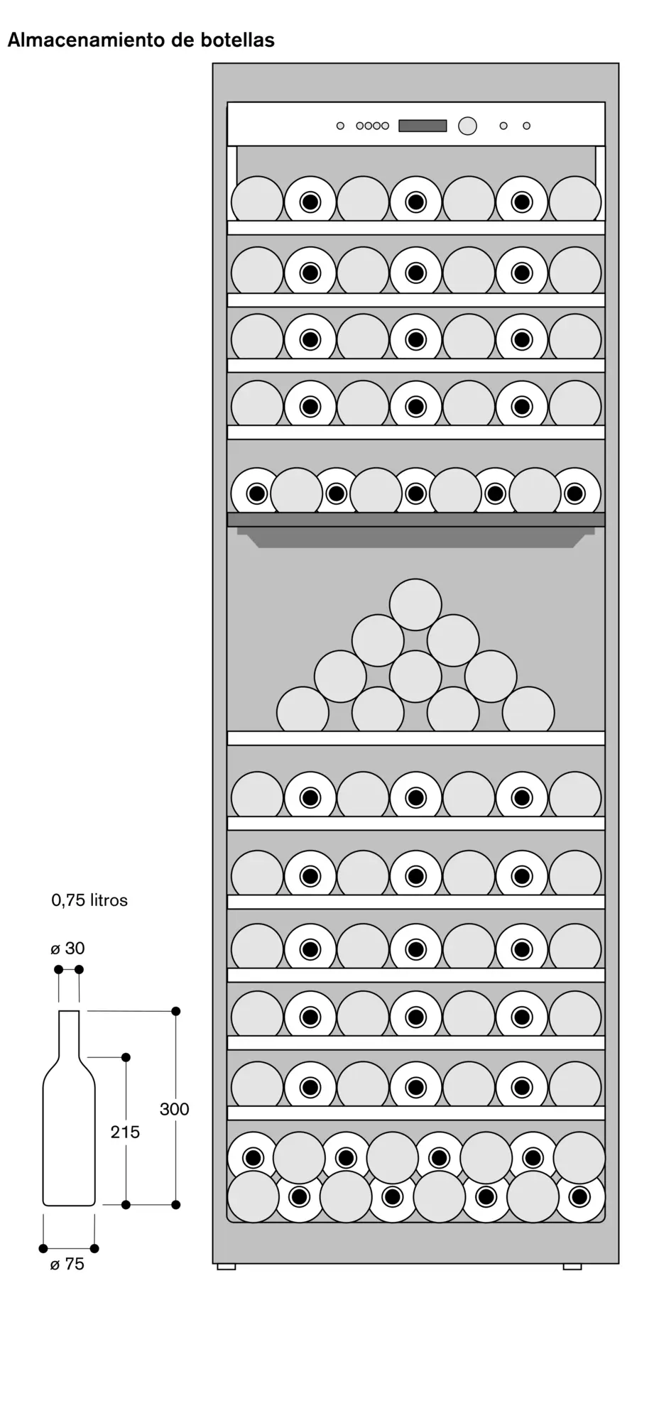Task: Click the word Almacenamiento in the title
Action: [x=87, y=40]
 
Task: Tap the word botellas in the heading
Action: [x=239, y=40]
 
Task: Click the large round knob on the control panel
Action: [x=467, y=126]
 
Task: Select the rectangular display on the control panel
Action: [x=423, y=126]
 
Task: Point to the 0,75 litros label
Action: [x=89, y=900]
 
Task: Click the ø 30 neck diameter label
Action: [x=68, y=949]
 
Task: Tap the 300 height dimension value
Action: [x=175, y=1109]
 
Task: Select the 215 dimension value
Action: [x=125, y=1132]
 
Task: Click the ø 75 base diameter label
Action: [x=67, y=1265]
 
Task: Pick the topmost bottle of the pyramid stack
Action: [x=415, y=605]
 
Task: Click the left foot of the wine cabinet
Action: [x=226, y=1266]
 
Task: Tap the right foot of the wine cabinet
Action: [x=572, y=1266]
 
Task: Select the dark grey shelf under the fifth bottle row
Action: [x=416, y=520]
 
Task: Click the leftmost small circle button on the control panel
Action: [x=340, y=126]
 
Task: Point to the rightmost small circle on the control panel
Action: [x=526, y=126]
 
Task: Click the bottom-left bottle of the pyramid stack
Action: [x=303, y=709]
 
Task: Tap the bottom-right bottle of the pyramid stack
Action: [x=528, y=709]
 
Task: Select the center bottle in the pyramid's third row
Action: [x=415, y=675]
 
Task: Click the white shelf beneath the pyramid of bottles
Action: [x=416, y=738]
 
